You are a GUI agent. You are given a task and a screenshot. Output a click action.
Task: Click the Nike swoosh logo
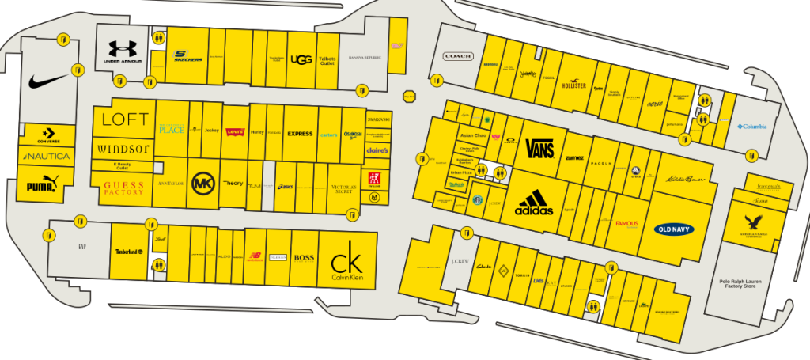click(x=48, y=81)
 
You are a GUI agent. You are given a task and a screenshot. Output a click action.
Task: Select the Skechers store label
click(x=187, y=56)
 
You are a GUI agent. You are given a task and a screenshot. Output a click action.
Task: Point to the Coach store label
click(x=458, y=56)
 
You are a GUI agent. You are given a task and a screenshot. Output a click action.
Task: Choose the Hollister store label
click(x=573, y=85)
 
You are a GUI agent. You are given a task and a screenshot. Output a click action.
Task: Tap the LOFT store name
click(x=125, y=119)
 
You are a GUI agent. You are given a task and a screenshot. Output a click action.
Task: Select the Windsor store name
click(x=123, y=148)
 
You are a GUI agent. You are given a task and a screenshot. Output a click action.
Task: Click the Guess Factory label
click(x=123, y=188)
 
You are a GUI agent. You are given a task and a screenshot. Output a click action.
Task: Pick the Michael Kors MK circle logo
click(x=203, y=184)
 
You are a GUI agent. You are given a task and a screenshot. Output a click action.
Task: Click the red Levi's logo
click(x=234, y=132)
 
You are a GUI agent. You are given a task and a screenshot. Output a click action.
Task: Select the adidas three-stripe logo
click(x=534, y=203)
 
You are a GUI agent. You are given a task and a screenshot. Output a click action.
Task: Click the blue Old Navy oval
click(x=675, y=229)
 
